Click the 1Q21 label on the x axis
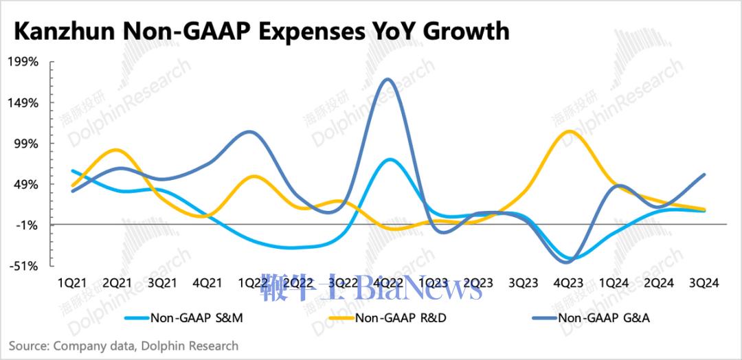pyautogui.click(x=72, y=283)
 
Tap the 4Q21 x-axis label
pyautogui.click(x=207, y=283)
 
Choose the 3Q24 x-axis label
pyautogui.click(x=704, y=283)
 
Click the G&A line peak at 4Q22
pyautogui.click(x=388, y=80)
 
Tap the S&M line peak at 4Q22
pyautogui.click(x=390, y=159)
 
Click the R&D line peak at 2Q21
pyautogui.click(x=117, y=150)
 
